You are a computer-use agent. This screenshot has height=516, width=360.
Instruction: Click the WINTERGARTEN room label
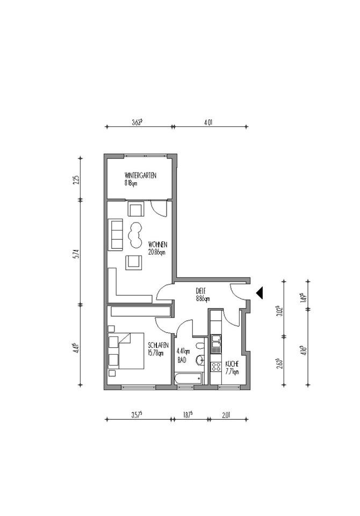tap(140, 175)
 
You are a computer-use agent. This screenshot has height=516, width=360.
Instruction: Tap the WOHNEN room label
tap(157, 245)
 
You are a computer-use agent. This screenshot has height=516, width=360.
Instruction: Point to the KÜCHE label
tap(232, 363)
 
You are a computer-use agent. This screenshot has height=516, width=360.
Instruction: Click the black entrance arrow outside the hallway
tap(259, 292)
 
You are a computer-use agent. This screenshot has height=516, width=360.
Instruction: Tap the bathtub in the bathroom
tap(188, 378)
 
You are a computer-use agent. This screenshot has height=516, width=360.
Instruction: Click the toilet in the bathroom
tap(200, 345)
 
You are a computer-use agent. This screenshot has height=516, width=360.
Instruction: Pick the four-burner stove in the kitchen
tap(217, 367)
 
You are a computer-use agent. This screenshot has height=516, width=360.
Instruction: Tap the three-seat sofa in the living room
tap(116, 234)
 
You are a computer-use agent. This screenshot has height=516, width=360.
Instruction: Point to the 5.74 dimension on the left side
tap(77, 252)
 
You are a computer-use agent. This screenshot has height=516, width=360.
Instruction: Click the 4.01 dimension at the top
tap(208, 122)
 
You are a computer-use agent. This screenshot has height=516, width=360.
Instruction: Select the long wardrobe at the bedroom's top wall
tap(140, 311)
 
